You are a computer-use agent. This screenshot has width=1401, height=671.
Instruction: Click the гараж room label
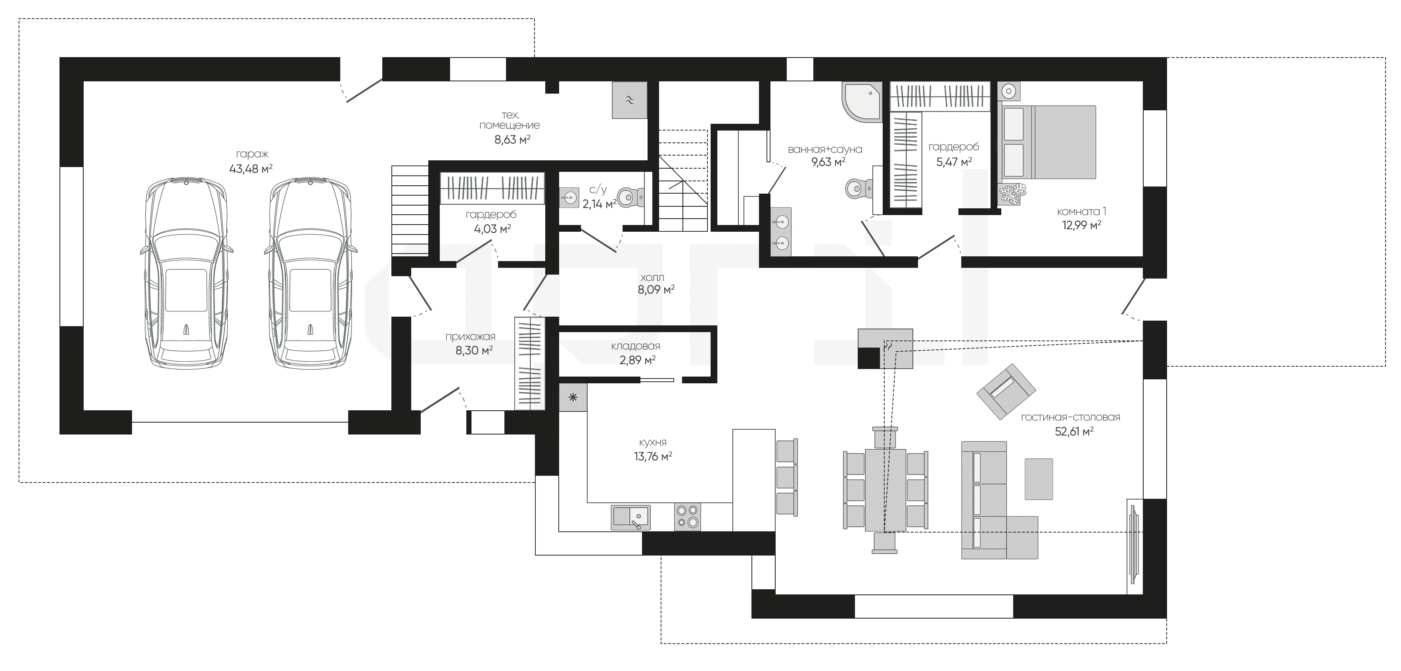click(x=252, y=154)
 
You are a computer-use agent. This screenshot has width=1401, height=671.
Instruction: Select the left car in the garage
click(x=186, y=272)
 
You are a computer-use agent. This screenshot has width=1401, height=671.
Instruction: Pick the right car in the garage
click(x=310, y=272)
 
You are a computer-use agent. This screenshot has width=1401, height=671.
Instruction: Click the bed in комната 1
click(x=1048, y=142)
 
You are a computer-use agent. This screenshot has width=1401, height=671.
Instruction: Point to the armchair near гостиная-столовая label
click(x=1006, y=391)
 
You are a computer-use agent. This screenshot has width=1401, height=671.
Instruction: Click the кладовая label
click(x=635, y=346)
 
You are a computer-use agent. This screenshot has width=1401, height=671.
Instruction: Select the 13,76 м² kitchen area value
click(x=653, y=457)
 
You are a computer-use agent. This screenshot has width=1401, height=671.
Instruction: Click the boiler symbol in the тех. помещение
click(x=630, y=100)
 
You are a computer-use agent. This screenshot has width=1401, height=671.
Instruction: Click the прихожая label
click(x=470, y=337)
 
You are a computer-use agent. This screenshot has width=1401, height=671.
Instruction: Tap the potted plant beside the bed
click(x=1012, y=195)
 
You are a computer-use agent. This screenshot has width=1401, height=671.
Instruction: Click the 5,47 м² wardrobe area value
click(x=954, y=162)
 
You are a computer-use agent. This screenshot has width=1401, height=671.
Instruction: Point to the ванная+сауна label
click(x=825, y=149)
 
